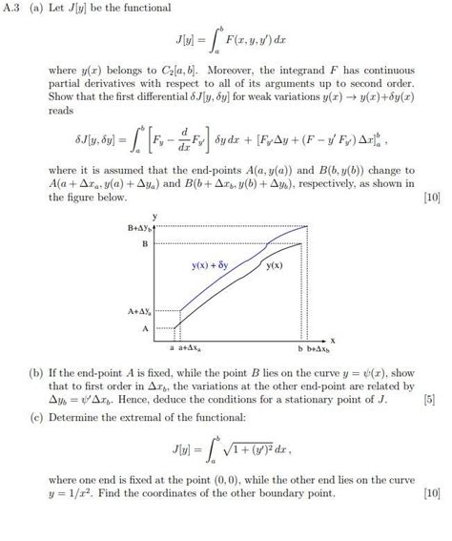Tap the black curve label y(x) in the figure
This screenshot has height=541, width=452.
275,264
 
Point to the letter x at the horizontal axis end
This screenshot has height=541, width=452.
333,339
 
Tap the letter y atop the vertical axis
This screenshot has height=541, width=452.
154,218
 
